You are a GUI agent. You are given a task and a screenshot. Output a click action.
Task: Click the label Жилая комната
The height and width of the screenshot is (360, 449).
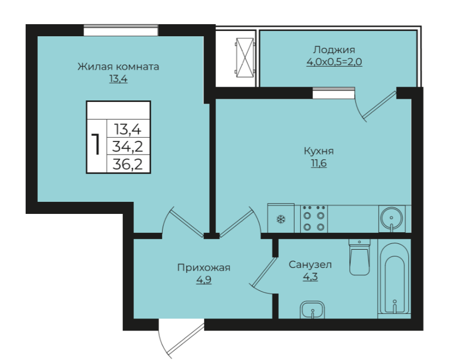click(x=118, y=67)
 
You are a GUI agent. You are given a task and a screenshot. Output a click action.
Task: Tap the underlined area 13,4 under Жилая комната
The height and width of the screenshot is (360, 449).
click(x=118, y=78)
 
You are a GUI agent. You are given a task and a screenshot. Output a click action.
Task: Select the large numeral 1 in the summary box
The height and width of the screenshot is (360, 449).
click(x=97, y=144)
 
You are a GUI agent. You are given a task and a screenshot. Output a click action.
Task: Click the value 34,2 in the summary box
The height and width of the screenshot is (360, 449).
click(x=128, y=147)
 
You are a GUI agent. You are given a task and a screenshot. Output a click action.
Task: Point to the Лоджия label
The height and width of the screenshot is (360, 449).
click(x=334, y=50)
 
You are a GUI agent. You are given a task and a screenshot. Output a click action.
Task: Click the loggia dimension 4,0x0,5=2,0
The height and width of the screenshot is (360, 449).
click(x=334, y=61)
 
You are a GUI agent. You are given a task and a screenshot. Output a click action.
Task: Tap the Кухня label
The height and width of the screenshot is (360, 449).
click(x=319, y=151)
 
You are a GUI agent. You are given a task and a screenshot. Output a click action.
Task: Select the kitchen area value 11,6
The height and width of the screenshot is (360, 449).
click(x=319, y=163)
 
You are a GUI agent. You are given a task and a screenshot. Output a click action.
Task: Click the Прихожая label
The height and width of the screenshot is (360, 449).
click(x=204, y=268)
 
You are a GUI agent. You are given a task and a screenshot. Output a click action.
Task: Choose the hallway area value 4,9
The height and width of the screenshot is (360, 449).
click(x=204, y=280)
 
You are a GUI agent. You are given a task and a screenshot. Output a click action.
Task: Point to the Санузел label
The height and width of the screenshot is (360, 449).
click(x=310, y=264)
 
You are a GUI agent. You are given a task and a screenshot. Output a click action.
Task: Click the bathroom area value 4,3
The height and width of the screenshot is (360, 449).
click(x=310, y=277)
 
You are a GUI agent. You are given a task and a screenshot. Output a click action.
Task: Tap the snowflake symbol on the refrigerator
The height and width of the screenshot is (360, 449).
click(x=281, y=220)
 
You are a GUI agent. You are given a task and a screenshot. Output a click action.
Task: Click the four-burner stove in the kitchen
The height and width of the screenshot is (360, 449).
click(x=314, y=219)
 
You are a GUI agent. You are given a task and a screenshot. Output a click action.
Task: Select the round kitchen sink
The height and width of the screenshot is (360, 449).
click(x=391, y=219)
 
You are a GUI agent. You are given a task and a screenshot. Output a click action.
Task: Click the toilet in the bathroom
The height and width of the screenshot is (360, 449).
click(x=359, y=257)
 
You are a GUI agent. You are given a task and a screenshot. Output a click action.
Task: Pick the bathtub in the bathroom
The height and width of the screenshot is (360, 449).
click(x=394, y=279)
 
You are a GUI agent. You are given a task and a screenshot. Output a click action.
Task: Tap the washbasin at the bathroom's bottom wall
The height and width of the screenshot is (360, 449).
click(x=312, y=310)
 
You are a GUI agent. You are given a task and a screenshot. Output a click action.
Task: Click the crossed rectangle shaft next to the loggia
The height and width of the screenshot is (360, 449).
click(x=245, y=58)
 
